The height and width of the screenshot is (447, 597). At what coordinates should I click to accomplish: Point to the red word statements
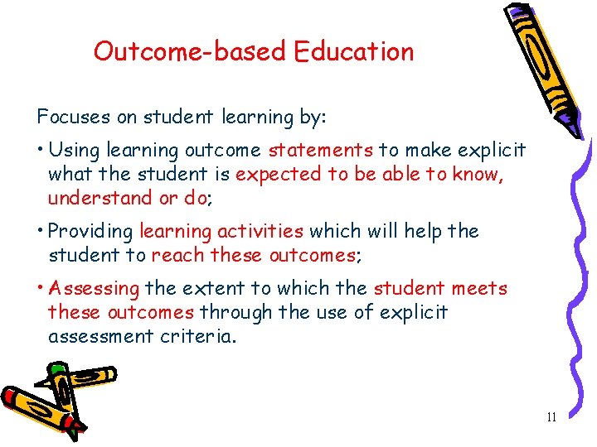pyautogui.click(x=321, y=150)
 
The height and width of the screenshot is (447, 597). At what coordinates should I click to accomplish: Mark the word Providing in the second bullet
pyautogui.click(x=91, y=231)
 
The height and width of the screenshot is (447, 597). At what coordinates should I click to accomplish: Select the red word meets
pyautogui.click(x=479, y=288)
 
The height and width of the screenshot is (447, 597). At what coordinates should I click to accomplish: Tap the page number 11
pyautogui.click(x=551, y=417)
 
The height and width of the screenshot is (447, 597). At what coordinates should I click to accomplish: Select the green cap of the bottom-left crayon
pyautogui.click(x=56, y=368)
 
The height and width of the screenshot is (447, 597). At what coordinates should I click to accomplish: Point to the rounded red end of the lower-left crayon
pyautogui.click(x=10, y=397)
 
